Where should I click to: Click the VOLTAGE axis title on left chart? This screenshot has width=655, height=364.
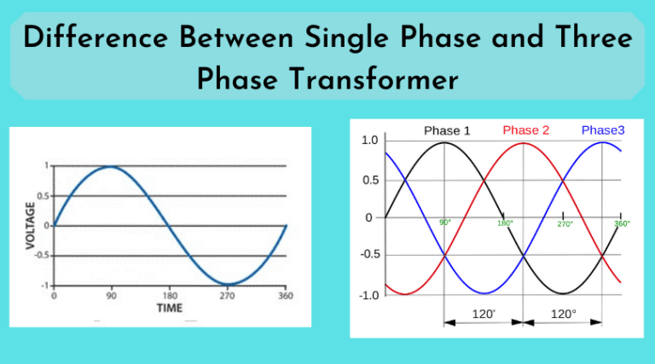coord(32,225)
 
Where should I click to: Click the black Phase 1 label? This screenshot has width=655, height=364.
coord(447,130)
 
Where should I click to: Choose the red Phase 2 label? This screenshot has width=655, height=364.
coord(526,130)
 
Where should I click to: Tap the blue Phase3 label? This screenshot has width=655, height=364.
coord(604,130)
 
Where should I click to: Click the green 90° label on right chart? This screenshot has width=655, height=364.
coord(445,223)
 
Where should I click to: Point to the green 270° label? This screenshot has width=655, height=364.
coord(565,224)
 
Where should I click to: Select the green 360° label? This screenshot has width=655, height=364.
coord(622,224)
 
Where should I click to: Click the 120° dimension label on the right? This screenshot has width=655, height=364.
coord(563,315)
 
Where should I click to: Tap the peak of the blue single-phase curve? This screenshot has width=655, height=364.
coord(111,166)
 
